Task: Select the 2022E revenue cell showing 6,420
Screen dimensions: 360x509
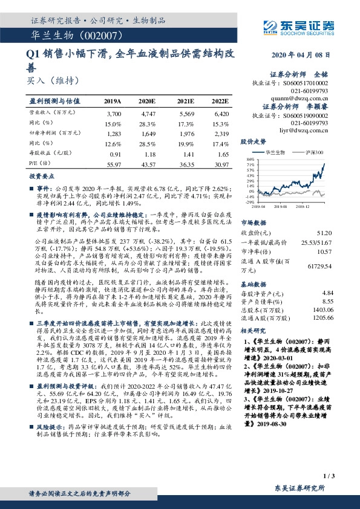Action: [221, 114]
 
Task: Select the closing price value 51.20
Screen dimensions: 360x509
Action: [325, 232]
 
